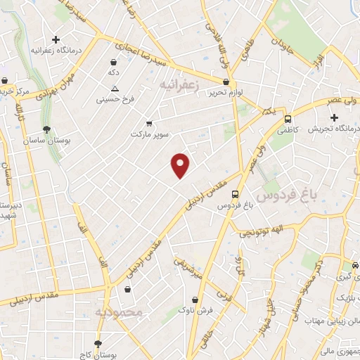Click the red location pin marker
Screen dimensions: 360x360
click(181, 165)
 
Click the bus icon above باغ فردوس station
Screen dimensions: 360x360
click(234, 194)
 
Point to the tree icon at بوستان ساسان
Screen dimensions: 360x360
click(46, 129)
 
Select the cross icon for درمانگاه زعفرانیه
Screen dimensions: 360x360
click(56, 39)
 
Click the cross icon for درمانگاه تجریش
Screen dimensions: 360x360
click(334, 117)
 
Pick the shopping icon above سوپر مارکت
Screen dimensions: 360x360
click(148, 123)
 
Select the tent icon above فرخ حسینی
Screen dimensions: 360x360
click(115, 89)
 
